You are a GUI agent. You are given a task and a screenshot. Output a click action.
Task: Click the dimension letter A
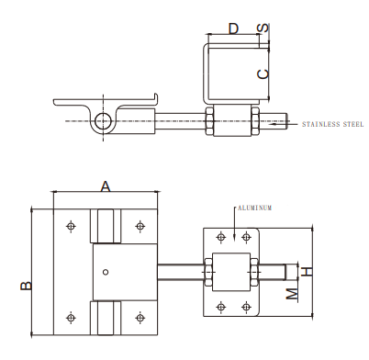pyautogui.click(x=106, y=186)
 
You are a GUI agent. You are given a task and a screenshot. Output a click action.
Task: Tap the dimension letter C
pyautogui.click(x=263, y=73)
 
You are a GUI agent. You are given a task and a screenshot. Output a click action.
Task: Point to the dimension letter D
pyautogui.click(x=233, y=29)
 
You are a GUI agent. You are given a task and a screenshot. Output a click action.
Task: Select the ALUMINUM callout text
pyautogui.click(x=256, y=208)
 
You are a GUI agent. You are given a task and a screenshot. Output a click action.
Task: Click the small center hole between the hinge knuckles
pyautogui.click(x=106, y=270)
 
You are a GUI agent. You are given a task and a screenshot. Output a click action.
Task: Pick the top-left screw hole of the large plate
pyautogui.click(x=72, y=225)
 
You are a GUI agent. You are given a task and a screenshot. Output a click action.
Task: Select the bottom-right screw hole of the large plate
pyautogui.click(x=140, y=317)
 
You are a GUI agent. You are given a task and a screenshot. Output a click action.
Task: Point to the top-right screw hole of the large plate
pyautogui.click(x=140, y=225)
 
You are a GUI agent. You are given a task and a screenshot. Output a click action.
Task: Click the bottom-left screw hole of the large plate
pyautogui.click(x=72, y=317)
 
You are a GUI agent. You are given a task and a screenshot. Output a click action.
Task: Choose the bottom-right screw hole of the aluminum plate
pyautogui.click(x=243, y=306)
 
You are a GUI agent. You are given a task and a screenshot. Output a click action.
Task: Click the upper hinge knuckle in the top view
pyautogui.click(x=106, y=227)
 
